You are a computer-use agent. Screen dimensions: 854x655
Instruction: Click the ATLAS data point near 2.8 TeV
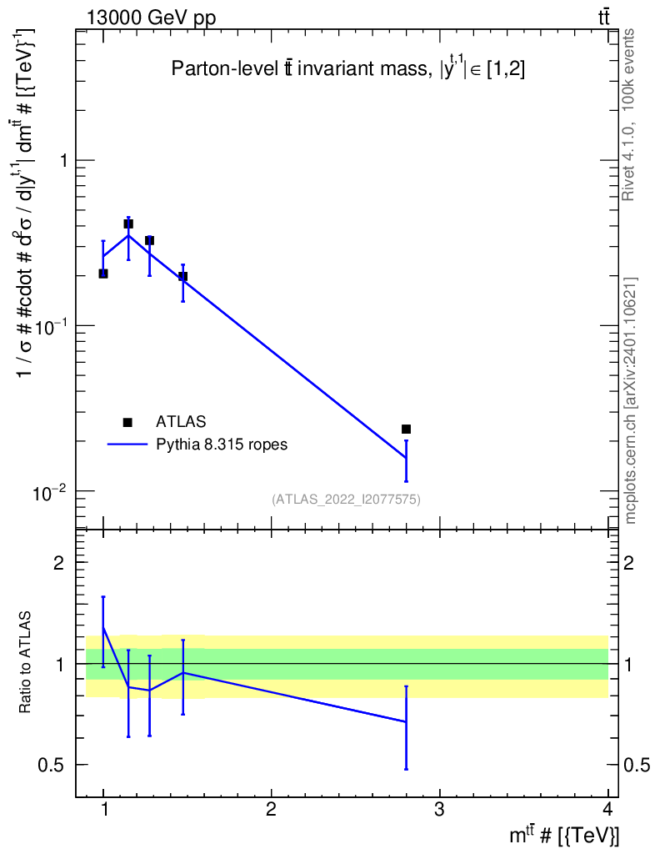[406, 429]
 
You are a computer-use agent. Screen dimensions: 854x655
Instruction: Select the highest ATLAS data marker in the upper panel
[128, 224]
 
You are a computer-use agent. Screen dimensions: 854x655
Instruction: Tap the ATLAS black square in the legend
[127, 423]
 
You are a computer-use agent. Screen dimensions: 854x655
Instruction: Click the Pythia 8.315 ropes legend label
[222, 445]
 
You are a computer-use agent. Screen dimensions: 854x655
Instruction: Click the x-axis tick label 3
[439, 810]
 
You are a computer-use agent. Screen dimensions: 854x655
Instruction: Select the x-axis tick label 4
[607, 810]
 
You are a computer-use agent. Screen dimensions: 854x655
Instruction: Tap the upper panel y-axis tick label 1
[59, 160]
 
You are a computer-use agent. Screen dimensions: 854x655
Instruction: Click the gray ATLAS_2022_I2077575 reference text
[346, 500]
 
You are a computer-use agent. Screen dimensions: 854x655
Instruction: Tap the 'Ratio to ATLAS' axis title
[27, 664]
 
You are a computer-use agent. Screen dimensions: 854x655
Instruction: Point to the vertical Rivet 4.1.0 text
[630, 114]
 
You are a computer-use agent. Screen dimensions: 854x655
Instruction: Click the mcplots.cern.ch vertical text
[631, 400]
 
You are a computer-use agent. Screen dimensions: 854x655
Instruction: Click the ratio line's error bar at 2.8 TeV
[406, 727]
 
